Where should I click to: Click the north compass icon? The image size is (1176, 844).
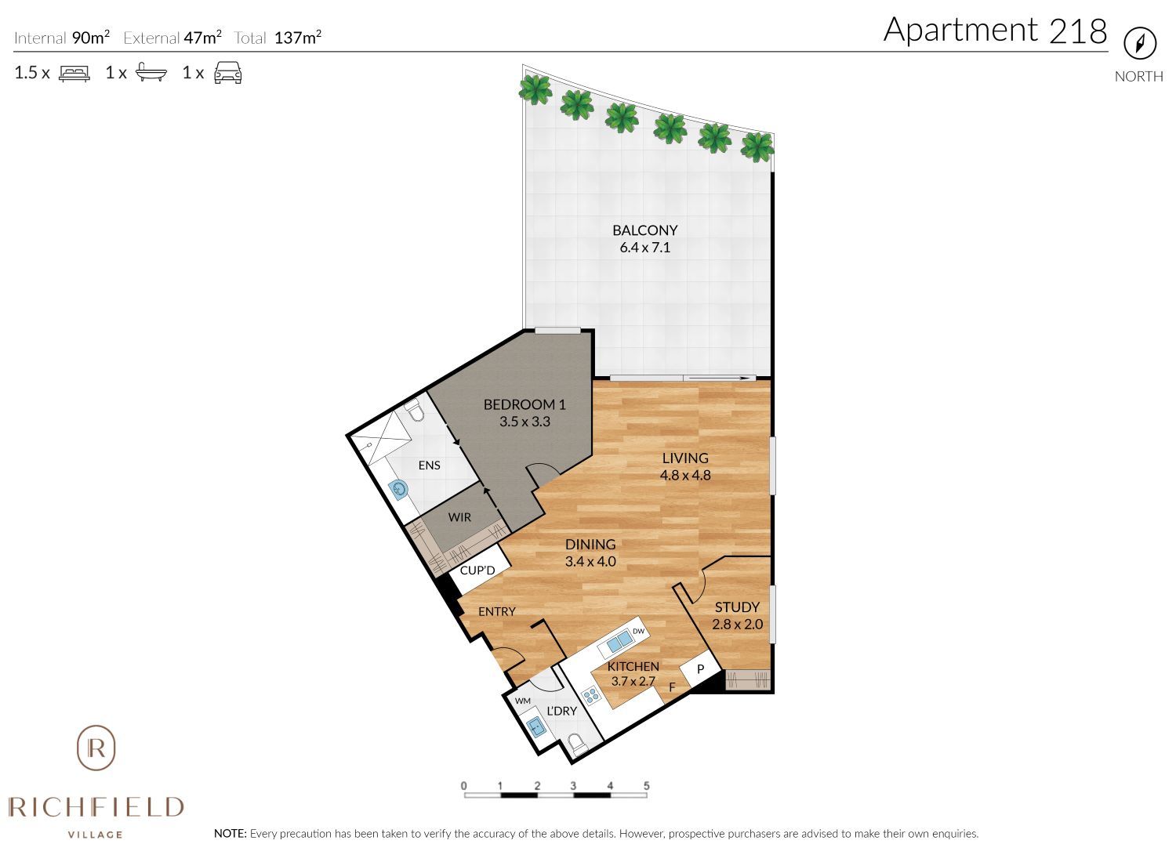(1140, 43)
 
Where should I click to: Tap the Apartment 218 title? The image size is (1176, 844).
(995, 30)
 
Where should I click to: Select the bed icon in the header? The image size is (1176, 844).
(74, 74)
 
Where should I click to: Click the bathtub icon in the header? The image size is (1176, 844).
(151, 74)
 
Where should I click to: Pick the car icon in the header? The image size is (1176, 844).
(228, 73)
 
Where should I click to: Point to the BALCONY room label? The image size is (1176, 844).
(644, 230)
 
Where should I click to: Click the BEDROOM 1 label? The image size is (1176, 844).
(524, 404)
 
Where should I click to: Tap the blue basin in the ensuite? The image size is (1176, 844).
(401, 490)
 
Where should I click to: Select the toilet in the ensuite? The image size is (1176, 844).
(415, 411)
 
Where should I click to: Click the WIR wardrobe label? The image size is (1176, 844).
(459, 517)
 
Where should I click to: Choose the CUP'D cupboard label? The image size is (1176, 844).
(477, 571)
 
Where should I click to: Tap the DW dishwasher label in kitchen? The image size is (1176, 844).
(638, 632)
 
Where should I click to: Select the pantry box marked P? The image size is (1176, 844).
(700, 669)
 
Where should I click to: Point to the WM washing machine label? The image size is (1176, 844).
(523, 701)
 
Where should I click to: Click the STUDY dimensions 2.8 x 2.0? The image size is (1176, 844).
(737, 625)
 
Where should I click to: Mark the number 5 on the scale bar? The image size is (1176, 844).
(646, 785)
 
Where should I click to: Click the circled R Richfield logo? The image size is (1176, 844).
(96, 748)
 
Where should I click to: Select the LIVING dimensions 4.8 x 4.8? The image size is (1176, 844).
(685, 475)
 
